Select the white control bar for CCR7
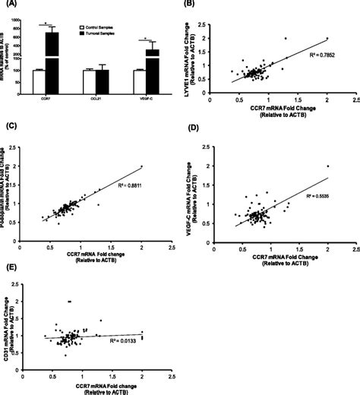tap(38, 81)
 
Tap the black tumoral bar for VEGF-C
tap(151, 65)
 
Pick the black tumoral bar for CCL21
tap(102, 81)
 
